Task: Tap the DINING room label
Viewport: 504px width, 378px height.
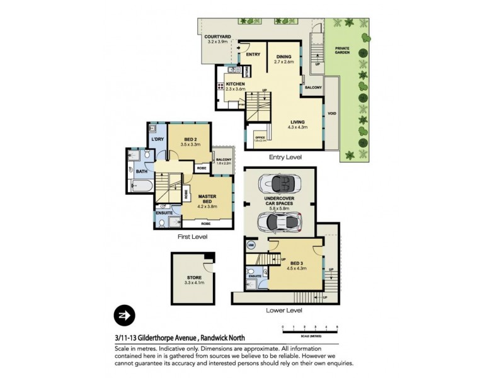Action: coord(284,57)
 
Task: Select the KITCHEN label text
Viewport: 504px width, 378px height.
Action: coord(235,84)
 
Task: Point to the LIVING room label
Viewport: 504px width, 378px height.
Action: coord(298,122)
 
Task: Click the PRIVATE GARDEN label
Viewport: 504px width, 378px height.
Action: coord(342,51)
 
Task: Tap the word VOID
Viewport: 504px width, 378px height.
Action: coord(332,115)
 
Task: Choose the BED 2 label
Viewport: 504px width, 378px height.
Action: coord(192,140)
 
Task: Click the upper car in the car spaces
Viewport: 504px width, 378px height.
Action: coord(278,185)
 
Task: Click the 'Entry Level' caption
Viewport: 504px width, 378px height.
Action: coord(285,157)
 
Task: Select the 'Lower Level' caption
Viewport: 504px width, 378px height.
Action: coord(285,310)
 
